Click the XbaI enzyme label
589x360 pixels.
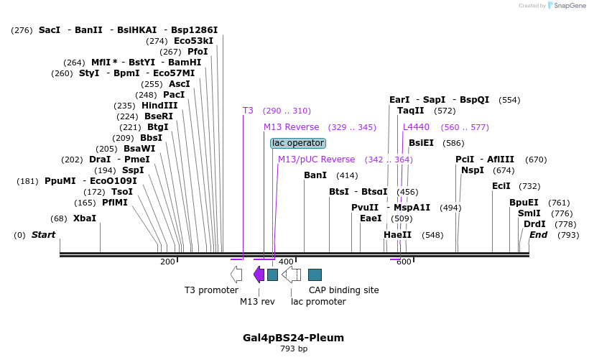point(84,218)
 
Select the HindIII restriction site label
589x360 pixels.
point(159,106)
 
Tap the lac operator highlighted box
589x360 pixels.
point(298,143)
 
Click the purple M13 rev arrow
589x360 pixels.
point(259,274)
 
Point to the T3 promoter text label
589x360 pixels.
point(211,290)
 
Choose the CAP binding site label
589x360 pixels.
point(343,290)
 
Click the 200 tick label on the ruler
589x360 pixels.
point(167,262)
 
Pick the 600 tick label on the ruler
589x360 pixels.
point(404,262)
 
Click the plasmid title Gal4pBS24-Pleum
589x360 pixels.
point(293,338)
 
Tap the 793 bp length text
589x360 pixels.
point(293,349)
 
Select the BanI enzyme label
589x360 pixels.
point(315,175)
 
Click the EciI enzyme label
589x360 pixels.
point(501,186)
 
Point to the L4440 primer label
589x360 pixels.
point(416,127)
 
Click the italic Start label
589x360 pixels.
point(43,235)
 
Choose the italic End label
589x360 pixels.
point(538,235)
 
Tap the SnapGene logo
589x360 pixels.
point(566,6)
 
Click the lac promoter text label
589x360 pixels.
point(318,302)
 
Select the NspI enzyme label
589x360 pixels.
point(473,170)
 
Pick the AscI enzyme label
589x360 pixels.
point(180,84)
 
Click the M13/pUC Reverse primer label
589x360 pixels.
point(316,160)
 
